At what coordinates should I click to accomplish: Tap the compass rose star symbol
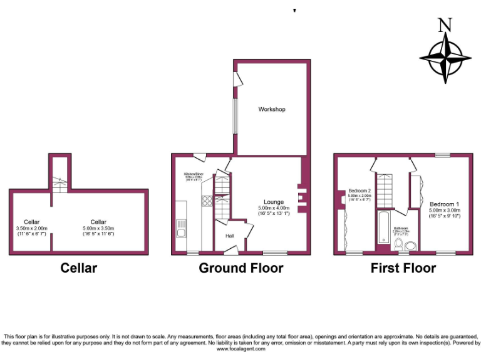point(445,58)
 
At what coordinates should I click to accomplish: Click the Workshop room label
point(272,110)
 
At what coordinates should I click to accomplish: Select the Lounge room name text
point(274,202)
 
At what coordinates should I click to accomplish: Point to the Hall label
point(230,236)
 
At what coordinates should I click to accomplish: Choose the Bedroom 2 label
point(360,191)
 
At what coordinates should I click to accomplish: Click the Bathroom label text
point(401,228)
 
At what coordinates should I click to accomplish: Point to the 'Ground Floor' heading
point(240,268)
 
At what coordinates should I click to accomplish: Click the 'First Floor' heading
point(403,268)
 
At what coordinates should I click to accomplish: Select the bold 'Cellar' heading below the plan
point(78,268)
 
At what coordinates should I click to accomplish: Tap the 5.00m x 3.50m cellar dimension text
point(98,228)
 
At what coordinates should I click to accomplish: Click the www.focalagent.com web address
point(241,349)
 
